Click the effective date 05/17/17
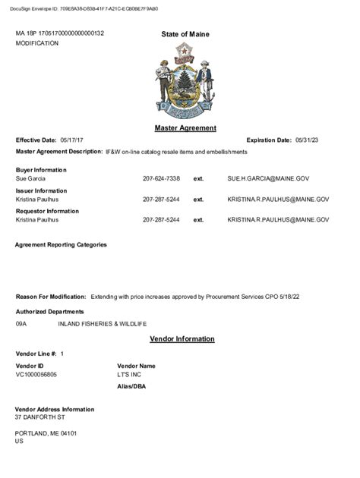74,140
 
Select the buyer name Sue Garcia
30,178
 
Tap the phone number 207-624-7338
161,178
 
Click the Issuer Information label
41,190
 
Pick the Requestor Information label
47,211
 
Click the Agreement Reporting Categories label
61,245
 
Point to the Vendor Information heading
182,338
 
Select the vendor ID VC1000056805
36,374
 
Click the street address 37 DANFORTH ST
40,417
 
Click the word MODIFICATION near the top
37,44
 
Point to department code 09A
21,323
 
